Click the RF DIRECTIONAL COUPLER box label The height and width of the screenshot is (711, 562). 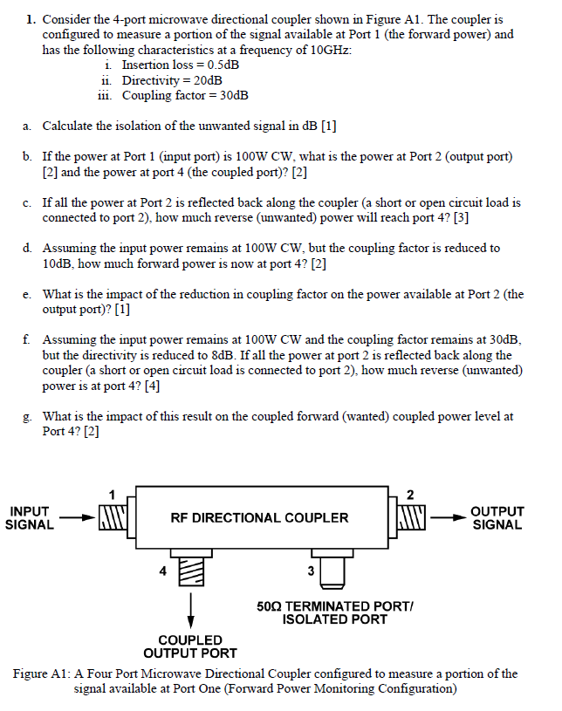click(x=259, y=517)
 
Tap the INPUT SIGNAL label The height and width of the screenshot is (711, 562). click(x=29, y=517)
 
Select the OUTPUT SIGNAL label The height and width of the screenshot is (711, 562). click(x=497, y=517)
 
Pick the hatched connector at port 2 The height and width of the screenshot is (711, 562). click(x=411, y=516)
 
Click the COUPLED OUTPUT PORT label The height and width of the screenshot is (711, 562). click(x=189, y=646)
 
